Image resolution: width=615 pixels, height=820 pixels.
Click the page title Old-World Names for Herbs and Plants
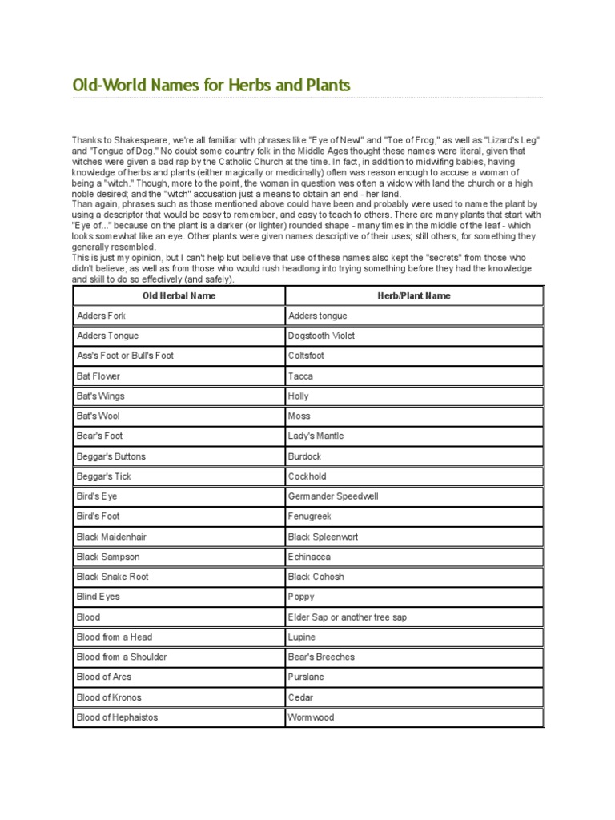pos(211,85)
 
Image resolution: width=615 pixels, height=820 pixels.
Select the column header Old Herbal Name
pos(179,295)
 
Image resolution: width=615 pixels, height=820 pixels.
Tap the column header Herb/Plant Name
pos(414,295)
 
